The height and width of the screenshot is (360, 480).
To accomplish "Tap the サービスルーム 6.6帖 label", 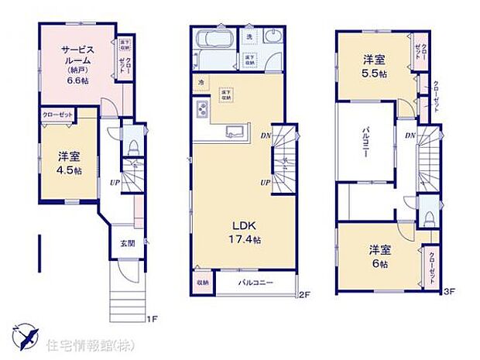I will (78, 64).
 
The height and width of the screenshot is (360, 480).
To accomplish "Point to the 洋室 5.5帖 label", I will (374, 67).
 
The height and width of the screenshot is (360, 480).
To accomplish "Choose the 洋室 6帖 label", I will (378, 256).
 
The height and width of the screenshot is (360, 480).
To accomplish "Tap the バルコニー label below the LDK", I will (255, 283).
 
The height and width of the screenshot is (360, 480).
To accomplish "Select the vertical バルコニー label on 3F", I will (362, 142).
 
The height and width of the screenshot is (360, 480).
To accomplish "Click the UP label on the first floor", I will (114, 183).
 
